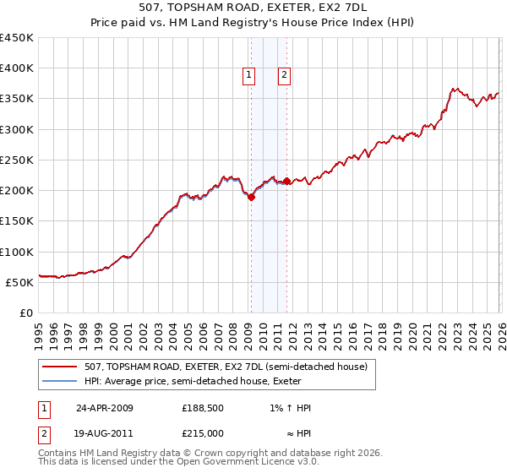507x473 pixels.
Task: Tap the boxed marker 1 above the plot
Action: [250, 75]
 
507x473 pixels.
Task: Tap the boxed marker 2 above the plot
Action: [284, 75]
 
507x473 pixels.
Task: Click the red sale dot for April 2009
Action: [251, 198]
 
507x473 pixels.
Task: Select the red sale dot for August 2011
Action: [287, 181]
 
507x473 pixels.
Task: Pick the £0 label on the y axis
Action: [25, 313]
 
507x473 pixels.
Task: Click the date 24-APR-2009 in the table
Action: [105, 408]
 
